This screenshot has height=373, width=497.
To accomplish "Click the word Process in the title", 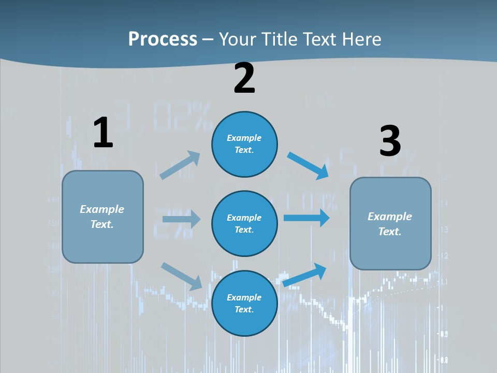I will pyautogui.click(x=163, y=39).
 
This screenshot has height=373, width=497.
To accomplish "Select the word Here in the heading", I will pyautogui.click(x=360, y=39).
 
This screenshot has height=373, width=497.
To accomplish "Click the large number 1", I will pyautogui.click(x=103, y=133).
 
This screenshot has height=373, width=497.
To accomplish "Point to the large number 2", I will pyautogui.click(x=244, y=78).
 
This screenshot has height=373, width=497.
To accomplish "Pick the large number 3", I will pyautogui.click(x=390, y=141).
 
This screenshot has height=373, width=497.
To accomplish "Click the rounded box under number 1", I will pyautogui.click(x=103, y=217).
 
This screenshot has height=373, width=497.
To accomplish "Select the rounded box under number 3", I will pyautogui.click(x=390, y=223).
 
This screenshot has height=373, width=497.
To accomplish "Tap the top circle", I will pyautogui.click(x=244, y=144).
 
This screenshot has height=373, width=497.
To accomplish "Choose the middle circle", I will pyautogui.click(x=244, y=223).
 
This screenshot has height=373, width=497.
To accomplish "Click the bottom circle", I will pyautogui.click(x=244, y=303).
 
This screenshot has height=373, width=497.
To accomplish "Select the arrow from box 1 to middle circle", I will pyautogui.click(x=181, y=219).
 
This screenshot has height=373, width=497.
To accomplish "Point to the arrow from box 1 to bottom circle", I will pyautogui.click(x=182, y=276).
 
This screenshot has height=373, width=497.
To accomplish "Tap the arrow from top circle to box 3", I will pyautogui.click(x=308, y=165).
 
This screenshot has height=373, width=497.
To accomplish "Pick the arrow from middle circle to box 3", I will pyautogui.click(x=306, y=218).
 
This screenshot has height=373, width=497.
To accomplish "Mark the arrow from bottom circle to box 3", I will pyautogui.click(x=305, y=275).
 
